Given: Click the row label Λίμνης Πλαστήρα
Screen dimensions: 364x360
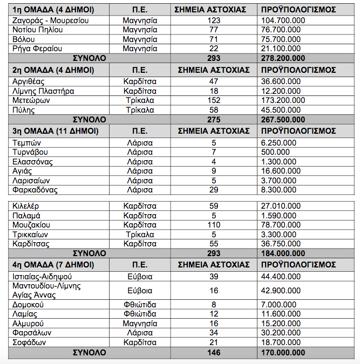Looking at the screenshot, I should pos(43,91).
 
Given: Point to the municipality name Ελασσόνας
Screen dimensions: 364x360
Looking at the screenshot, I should pos(35,161).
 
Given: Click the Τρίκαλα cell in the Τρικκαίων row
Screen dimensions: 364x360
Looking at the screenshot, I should pos(139,234).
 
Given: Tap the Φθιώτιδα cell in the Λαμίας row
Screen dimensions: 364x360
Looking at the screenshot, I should pos(139,313).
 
